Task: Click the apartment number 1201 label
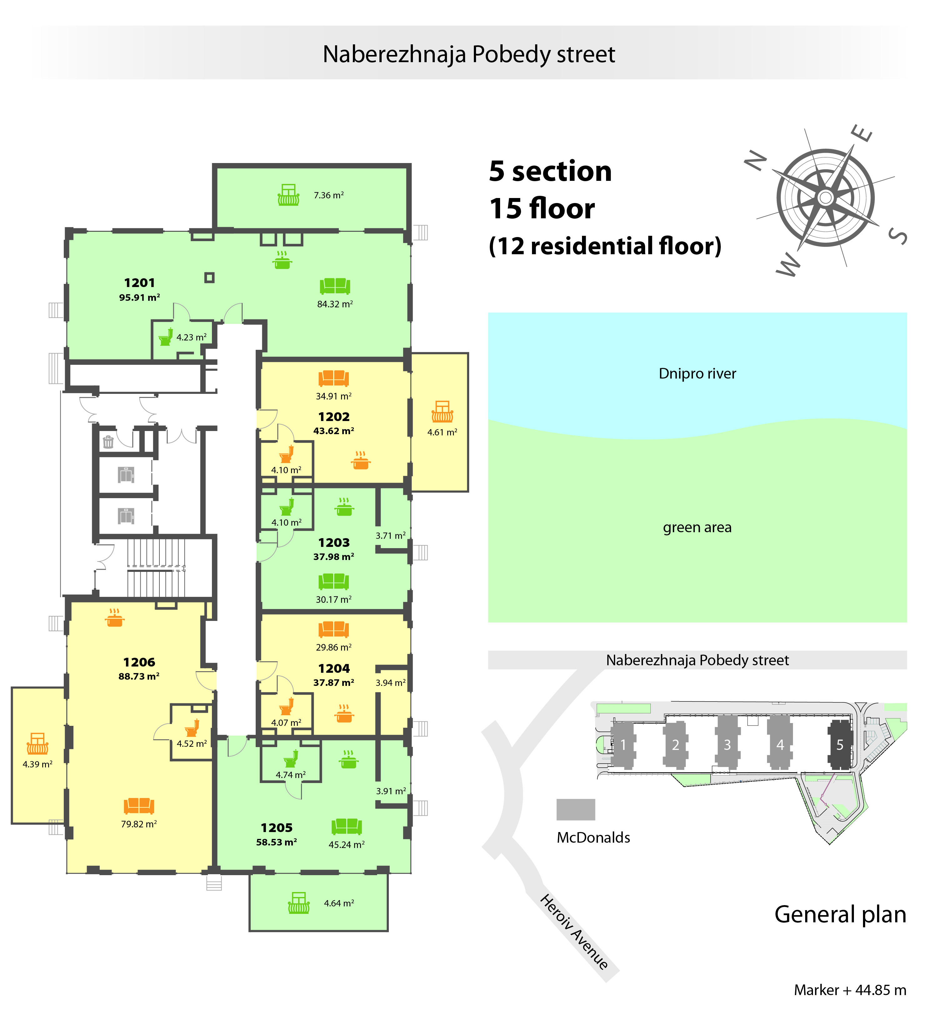[139, 283]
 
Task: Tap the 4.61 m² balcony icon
[442, 411]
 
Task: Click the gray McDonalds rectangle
[576, 810]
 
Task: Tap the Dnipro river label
[697, 374]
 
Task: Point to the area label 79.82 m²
[139, 824]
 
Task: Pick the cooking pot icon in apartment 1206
[115, 618]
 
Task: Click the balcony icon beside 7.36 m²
[288, 195]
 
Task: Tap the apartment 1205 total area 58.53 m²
[276, 842]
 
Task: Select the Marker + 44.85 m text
[850, 990]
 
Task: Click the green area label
[697, 527]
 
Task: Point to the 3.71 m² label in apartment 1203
[390, 535]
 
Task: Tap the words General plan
[840, 915]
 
